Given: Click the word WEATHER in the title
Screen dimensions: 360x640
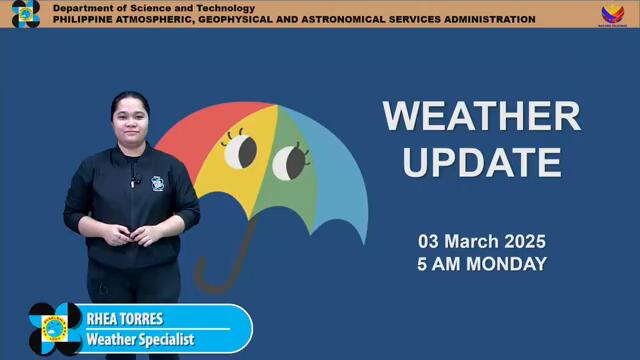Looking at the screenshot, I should (481, 116).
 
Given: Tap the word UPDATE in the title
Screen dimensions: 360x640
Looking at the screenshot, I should (481, 161).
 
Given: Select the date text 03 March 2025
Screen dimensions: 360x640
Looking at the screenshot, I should (481, 242).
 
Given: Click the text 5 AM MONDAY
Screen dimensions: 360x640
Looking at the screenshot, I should (481, 264).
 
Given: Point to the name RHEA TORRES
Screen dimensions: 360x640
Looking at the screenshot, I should (125, 319).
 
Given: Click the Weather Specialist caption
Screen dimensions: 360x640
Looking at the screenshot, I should (140, 340).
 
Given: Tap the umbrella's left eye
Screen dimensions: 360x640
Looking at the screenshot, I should (240, 152).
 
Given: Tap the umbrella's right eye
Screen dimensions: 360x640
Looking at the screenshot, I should (289, 160).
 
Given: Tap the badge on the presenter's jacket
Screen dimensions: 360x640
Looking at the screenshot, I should (157, 184).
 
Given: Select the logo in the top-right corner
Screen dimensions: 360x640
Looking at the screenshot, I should (612, 14).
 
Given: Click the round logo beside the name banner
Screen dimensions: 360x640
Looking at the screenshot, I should (55, 329).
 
